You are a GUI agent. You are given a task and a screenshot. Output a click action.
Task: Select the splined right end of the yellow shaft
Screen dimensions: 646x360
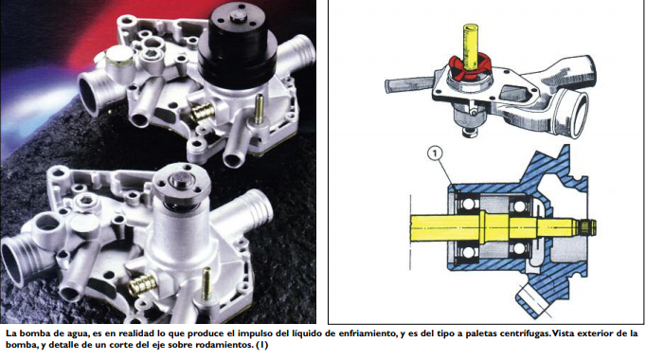[x=588, y=225]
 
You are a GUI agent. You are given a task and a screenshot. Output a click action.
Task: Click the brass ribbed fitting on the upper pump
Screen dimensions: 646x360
[x=202, y=111]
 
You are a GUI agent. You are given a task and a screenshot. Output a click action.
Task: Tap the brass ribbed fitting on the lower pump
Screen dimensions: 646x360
[x=142, y=284]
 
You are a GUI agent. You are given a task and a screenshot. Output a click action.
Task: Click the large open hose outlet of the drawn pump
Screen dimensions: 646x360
[x=575, y=114]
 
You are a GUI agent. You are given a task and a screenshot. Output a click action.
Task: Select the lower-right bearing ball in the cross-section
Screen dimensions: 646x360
[x=518, y=248]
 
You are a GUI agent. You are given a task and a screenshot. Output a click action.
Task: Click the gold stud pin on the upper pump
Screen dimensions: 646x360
[x=259, y=109]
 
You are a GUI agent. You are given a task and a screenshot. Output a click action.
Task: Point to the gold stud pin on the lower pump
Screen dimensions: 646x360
[x=206, y=284]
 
